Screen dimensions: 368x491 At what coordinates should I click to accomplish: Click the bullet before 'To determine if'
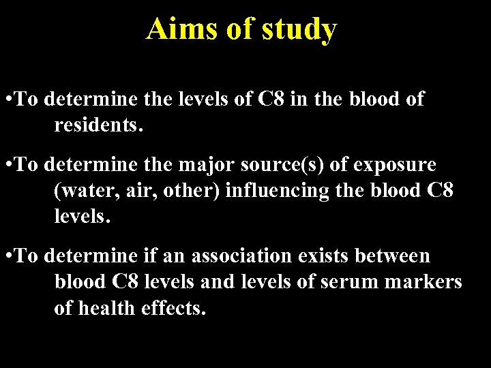pyautogui.click(x=7, y=257)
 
